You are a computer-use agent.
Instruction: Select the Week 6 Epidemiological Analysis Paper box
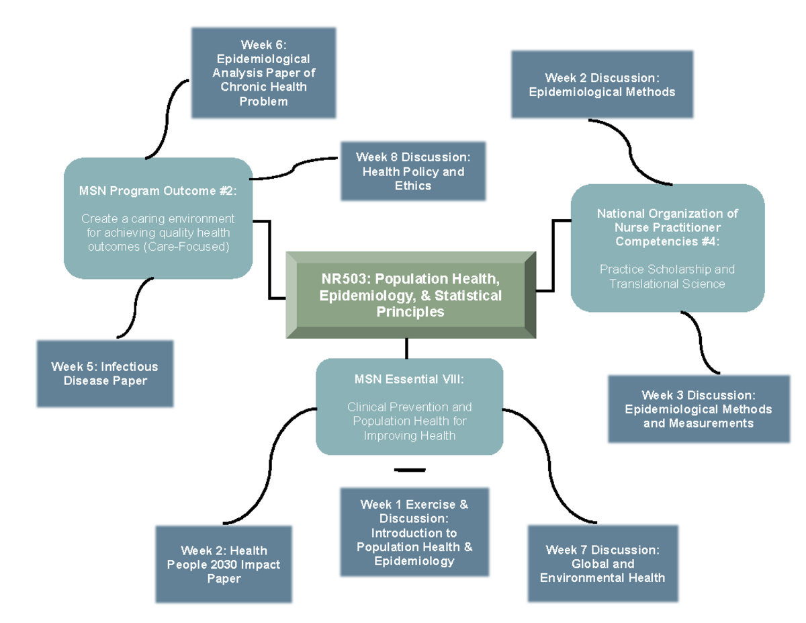coord(263,73)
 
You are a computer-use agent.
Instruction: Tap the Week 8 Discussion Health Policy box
coord(412,171)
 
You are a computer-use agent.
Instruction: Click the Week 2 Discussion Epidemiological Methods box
coord(601,85)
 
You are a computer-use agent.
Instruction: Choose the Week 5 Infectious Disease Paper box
coord(105,374)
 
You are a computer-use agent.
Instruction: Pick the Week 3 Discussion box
coord(698,409)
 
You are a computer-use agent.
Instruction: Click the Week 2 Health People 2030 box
coord(224,565)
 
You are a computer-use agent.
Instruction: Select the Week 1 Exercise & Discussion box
coord(414,532)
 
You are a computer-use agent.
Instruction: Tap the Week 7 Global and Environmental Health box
coord(602,563)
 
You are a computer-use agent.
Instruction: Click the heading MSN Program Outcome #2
coord(158,191)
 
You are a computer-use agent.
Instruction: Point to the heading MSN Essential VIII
coord(409,380)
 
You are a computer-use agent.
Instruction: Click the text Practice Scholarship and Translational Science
coord(667,276)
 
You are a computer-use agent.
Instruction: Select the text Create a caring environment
coord(158,219)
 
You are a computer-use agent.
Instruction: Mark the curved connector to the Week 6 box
coord(162,114)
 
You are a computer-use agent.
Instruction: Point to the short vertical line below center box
coord(407,348)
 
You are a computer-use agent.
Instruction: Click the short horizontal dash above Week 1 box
coord(410,469)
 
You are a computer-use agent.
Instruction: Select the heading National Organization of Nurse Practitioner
coord(667,220)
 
